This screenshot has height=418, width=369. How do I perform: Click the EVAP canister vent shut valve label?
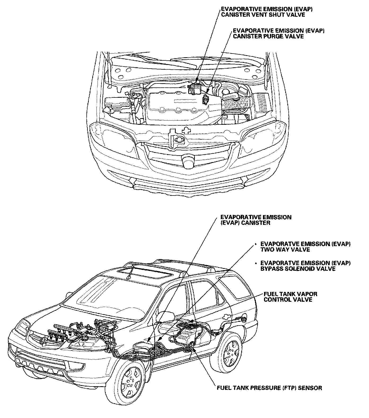tap(267, 12)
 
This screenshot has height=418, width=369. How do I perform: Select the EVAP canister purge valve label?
tap(279, 33)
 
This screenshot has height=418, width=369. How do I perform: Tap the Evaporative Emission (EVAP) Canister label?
tap(256, 220)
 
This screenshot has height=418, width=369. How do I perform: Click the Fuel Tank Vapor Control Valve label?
tap(290, 297)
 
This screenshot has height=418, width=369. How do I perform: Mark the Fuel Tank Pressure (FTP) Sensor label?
tap(269, 388)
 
